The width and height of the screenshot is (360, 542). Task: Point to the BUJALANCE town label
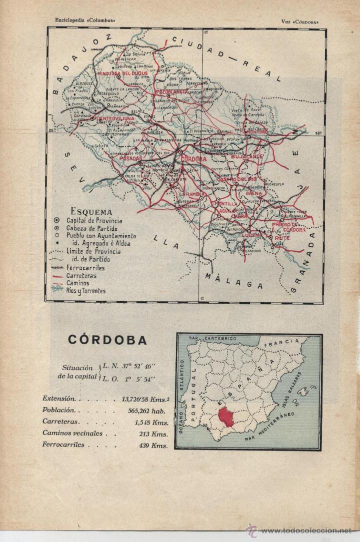point(246,157)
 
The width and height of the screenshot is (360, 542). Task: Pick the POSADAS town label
point(130,157)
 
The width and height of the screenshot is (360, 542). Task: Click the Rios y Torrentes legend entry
point(86,291)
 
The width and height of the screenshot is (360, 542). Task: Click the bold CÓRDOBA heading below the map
point(107,341)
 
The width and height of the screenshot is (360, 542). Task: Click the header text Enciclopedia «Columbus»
point(85,20)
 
